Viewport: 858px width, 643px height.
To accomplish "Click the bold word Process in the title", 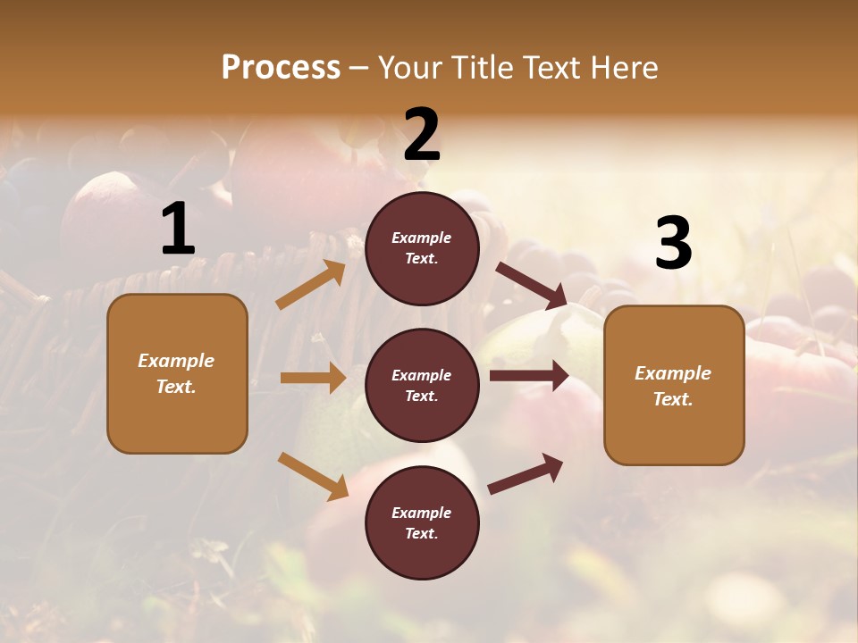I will [x=281, y=68].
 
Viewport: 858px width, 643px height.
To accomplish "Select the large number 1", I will [x=178, y=230].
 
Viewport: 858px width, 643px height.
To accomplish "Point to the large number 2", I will [x=422, y=135].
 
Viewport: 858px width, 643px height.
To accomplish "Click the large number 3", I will [x=674, y=244].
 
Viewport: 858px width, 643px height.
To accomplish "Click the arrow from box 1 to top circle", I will [x=311, y=285].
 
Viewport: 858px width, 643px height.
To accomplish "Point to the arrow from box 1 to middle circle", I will [x=313, y=378].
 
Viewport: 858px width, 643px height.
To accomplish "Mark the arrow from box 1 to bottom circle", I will [x=313, y=475].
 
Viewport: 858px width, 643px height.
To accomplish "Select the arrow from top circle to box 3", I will [x=532, y=286].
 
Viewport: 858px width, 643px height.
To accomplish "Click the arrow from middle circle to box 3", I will [x=529, y=376].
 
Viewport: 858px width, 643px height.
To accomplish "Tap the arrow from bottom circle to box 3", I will [x=526, y=474].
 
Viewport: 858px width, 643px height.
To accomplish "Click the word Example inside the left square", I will [x=176, y=361].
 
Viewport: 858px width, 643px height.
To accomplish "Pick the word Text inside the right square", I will [x=672, y=399].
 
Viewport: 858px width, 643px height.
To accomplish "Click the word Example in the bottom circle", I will [x=422, y=513].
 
